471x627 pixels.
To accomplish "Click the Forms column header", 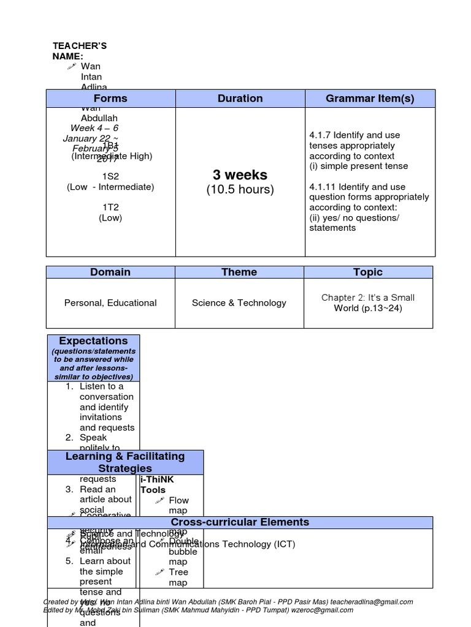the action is pyautogui.click(x=110, y=99).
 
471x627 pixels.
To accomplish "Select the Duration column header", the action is pyautogui.click(x=240, y=99).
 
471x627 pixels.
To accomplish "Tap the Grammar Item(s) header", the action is pyautogui.click(x=370, y=99).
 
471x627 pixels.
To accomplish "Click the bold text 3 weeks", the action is pyautogui.click(x=240, y=175).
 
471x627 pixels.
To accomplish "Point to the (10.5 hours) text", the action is pyautogui.click(x=240, y=190).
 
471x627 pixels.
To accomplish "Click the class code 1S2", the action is pyautogui.click(x=110, y=176).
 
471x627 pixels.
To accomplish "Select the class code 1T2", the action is pyautogui.click(x=110, y=208).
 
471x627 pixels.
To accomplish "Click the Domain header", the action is pyautogui.click(x=110, y=272).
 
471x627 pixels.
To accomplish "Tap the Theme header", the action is pyautogui.click(x=239, y=272).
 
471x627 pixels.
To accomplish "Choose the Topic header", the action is pyautogui.click(x=368, y=272).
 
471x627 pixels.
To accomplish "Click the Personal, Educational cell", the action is pyautogui.click(x=110, y=303).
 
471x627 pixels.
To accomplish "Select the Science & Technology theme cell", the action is pyautogui.click(x=239, y=303).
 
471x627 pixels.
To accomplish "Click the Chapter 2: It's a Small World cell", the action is pyautogui.click(x=368, y=303).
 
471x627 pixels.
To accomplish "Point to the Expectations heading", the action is pyautogui.click(x=93, y=341).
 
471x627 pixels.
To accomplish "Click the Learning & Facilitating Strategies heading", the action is pyautogui.click(x=125, y=462).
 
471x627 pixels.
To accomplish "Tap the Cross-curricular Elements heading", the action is pyautogui.click(x=240, y=522).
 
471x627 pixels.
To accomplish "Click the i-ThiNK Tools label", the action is pyautogui.click(x=153, y=485).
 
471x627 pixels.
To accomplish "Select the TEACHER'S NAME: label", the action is pyautogui.click(x=79, y=51).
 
